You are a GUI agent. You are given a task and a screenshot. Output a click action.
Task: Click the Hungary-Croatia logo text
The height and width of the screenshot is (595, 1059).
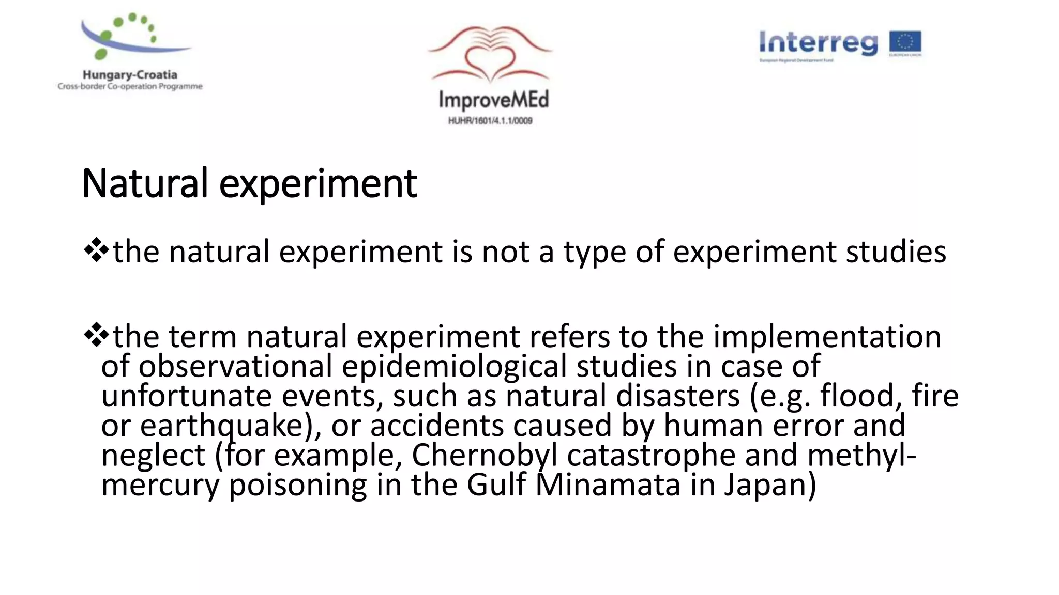click(130, 75)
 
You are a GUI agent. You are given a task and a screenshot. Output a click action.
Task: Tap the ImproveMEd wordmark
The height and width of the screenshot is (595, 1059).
click(493, 100)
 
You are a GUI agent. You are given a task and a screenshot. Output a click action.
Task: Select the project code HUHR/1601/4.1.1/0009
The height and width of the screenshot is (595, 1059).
click(490, 121)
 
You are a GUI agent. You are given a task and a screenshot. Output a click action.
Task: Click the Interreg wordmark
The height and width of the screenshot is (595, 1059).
click(819, 43)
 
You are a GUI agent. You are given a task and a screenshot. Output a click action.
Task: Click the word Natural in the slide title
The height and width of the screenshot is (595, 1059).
click(145, 184)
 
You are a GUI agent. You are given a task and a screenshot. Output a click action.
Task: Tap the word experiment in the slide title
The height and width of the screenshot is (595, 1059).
click(318, 185)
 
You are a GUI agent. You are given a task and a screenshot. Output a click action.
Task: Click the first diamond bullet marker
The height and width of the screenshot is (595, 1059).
click(96, 251)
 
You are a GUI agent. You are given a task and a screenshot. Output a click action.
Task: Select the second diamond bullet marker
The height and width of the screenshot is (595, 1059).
click(96, 336)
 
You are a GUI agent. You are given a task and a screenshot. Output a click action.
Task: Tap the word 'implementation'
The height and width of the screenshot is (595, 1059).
click(827, 337)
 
